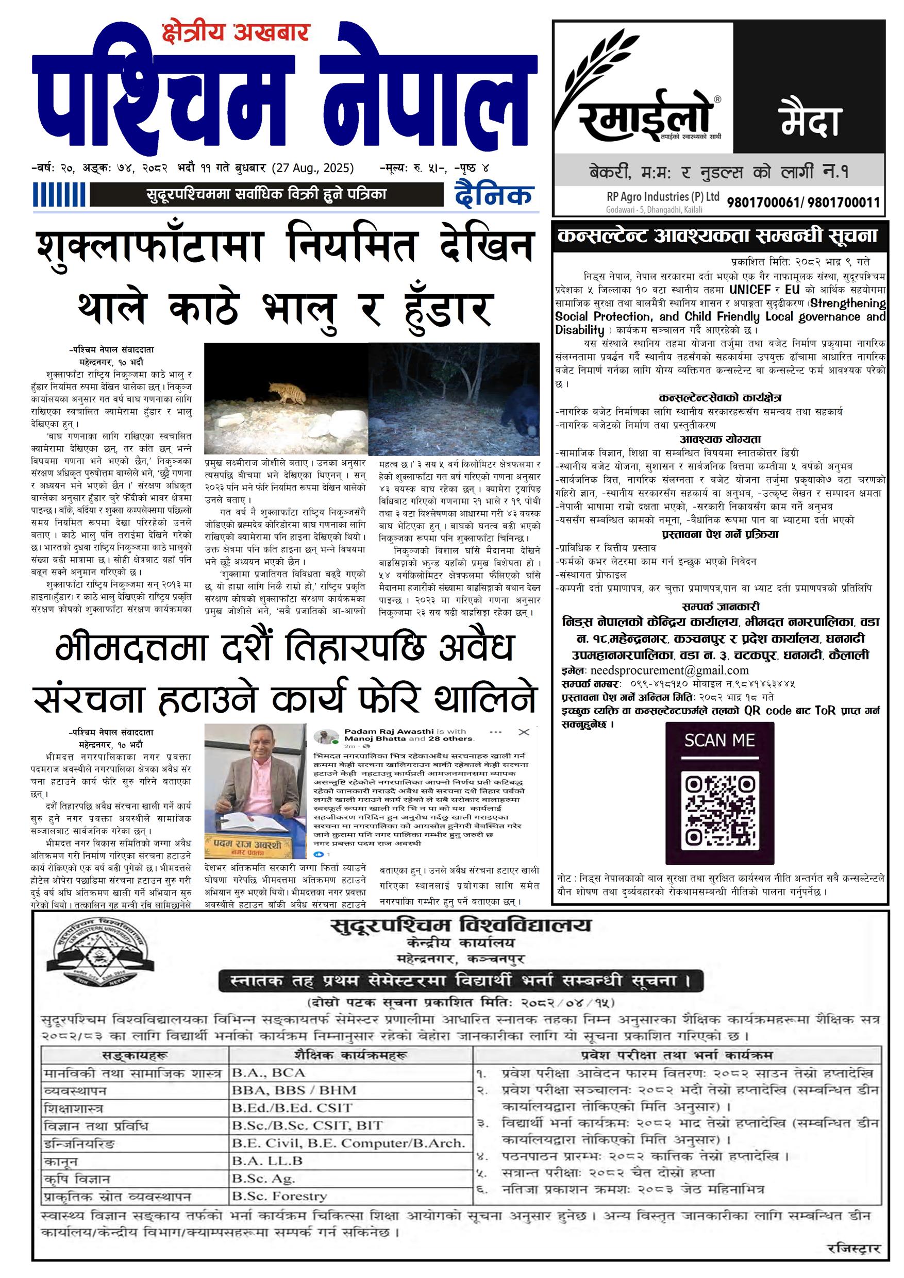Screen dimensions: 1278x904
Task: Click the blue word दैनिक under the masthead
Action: click(493, 195)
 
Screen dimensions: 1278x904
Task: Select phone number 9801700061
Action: click(763, 203)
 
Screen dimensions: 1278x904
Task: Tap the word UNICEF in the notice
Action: click(750, 290)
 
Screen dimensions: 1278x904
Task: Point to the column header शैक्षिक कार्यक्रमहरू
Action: click(351, 1055)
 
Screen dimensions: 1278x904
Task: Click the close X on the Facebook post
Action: click(523, 732)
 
